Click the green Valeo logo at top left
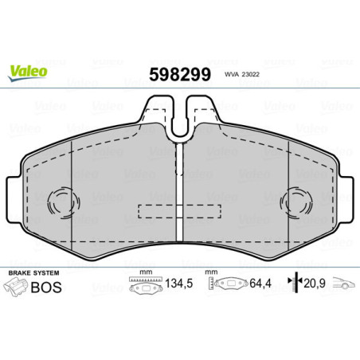[29, 72]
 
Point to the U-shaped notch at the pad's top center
[181, 115]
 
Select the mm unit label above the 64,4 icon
[211, 272]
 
